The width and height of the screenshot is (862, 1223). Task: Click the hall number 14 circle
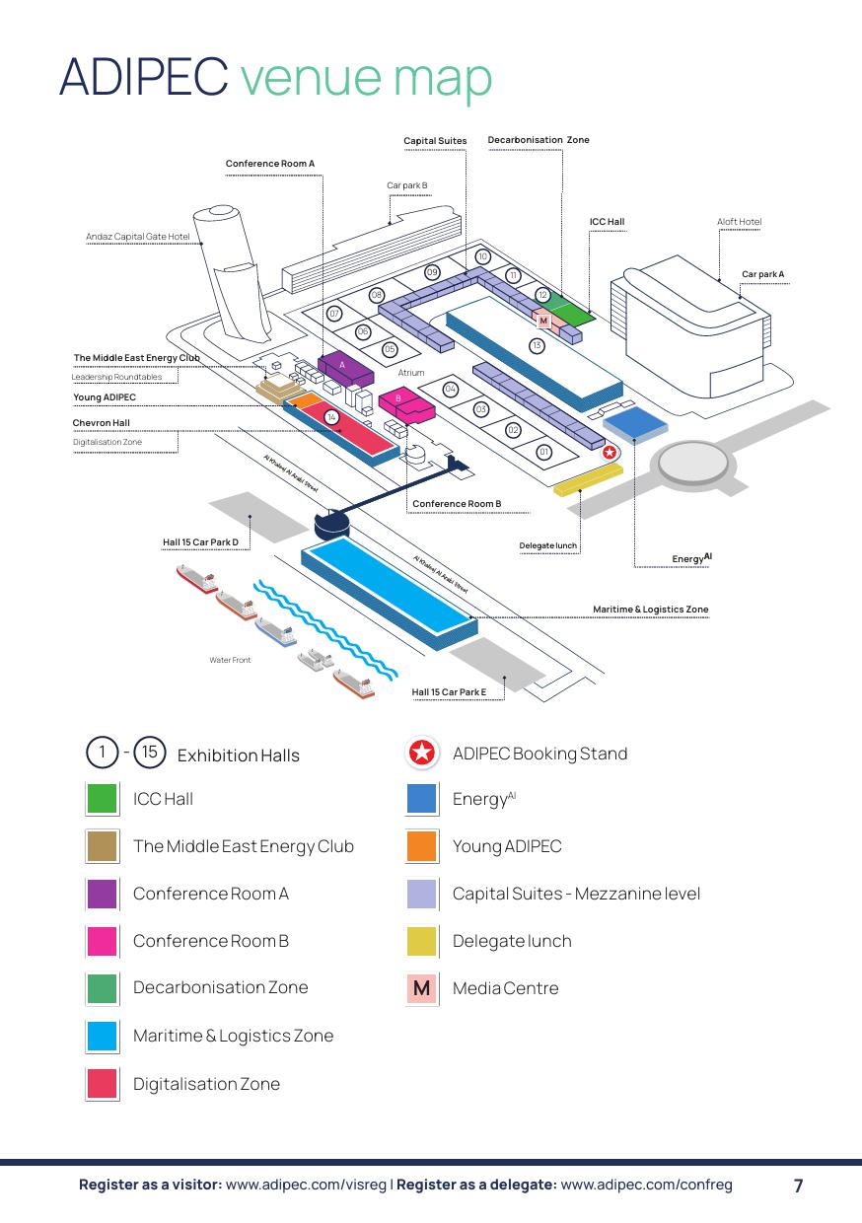click(x=332, y=417)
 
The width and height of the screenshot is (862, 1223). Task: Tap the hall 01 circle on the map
click(x=543, y=452)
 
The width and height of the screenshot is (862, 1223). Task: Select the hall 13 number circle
click(x=537, y=345)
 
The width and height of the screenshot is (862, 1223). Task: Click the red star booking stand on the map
click(x=610, y=452)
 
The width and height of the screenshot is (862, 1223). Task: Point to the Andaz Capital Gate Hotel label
click(x=137, y=237)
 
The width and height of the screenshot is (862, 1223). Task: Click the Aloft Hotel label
click(x=739, y=222)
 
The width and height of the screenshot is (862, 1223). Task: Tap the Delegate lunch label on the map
click(x=548, y=545)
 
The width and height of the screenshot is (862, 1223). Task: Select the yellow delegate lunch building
click(x=588, y=478)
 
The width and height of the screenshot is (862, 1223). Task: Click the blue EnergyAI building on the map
click(x=635, y=422)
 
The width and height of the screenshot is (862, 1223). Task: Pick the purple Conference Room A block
click(x=344, y=367)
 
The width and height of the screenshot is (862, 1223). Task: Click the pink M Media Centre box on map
click(x=543, y=321)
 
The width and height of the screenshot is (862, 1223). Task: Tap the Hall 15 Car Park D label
click(x=201, y=542)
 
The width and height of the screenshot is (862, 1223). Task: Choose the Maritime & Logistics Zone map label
click(x=650, y=610)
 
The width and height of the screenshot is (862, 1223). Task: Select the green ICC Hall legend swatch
click(x=103, y=799)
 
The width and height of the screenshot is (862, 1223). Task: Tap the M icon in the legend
click(x=422, y=988)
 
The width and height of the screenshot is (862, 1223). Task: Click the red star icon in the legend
click(x=422, y=754)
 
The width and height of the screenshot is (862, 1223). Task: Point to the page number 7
click(x=799, y=1186)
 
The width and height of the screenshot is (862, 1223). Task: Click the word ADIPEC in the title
click(x=143, y=77)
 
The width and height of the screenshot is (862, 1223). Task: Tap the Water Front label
click(x=230, y=660)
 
